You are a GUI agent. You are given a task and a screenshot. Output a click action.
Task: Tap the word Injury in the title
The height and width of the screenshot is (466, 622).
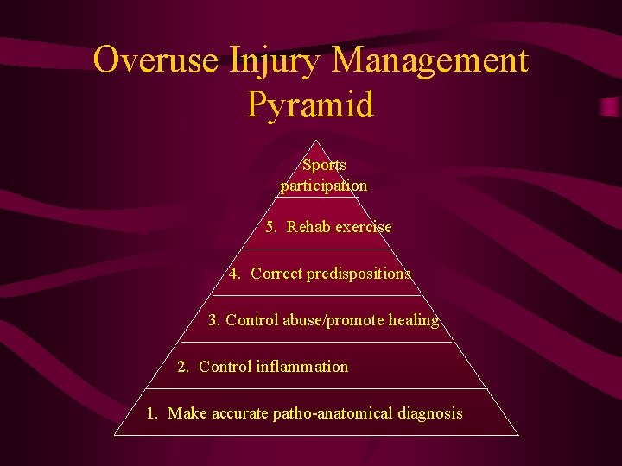(274, 61)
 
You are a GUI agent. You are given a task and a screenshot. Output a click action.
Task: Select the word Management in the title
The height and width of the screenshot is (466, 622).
(429, 61)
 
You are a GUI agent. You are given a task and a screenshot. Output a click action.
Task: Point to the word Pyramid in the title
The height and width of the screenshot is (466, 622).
(311, 105)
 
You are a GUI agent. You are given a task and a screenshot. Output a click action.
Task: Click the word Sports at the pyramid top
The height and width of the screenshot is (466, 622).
(324, 165)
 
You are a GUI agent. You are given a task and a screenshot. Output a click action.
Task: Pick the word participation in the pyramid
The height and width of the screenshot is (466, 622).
(324, 186)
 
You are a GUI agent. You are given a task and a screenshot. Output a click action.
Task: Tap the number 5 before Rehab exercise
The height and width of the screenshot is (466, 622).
(270, 227)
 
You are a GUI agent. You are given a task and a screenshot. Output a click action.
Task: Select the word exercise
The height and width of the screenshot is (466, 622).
(361, 227)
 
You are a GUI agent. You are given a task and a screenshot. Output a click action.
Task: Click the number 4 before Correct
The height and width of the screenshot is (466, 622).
(234, 274)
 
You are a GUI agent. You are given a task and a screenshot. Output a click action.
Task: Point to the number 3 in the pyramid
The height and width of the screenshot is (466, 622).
(213, 320)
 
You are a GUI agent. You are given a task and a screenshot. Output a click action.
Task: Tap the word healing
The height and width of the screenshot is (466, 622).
(413, 320)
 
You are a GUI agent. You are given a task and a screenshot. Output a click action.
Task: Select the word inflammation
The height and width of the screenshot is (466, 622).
(302, 367)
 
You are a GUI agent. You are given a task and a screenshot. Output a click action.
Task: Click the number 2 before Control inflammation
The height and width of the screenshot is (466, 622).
(182, 367)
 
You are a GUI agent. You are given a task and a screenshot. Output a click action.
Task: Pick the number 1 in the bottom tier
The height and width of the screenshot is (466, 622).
(151, 413)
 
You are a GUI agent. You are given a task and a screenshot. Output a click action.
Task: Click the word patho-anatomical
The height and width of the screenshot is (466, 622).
(333, 413)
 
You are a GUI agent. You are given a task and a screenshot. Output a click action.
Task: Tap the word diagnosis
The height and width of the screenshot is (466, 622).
(430, 413)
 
